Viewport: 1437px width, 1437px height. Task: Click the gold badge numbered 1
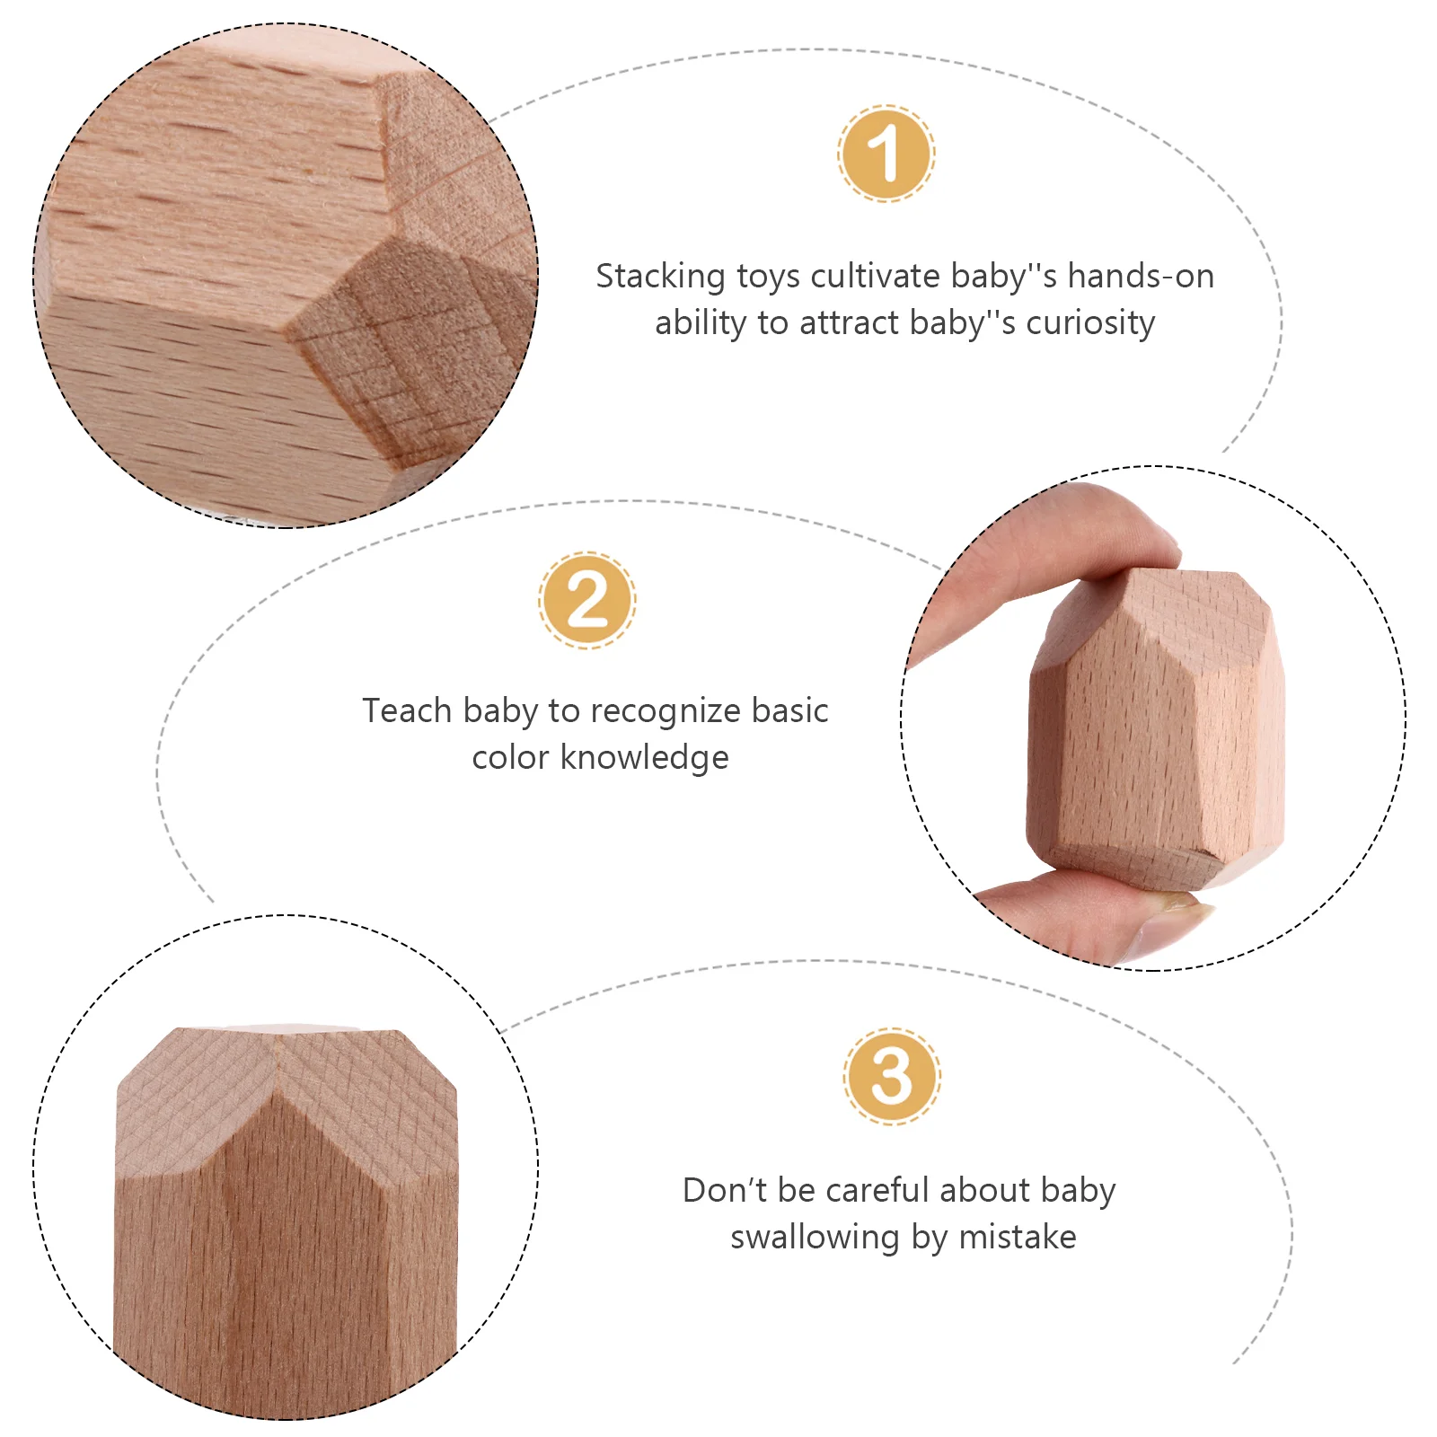coord(886,153)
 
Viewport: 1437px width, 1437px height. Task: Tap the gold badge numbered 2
coord(587,600)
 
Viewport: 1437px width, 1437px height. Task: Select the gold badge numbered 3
coord(892,1076)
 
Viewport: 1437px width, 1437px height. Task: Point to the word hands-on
coord(1141,276)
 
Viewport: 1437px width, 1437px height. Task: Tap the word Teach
coord(407,710)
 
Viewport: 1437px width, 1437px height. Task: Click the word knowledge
coord(644,757)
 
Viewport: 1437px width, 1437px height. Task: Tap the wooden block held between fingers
coord(1157,727)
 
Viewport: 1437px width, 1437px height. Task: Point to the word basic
coord(790,710)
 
